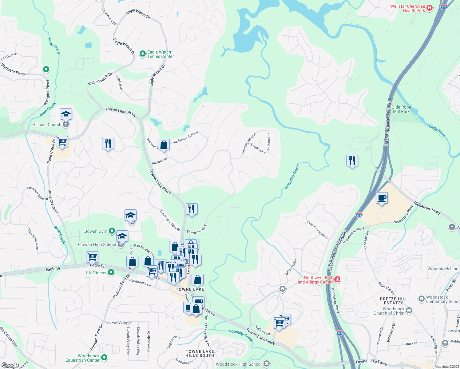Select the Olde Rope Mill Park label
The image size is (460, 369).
tap(401, 109)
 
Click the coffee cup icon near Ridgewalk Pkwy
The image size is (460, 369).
tap(382, 198)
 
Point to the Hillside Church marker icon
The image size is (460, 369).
tap(65, 125)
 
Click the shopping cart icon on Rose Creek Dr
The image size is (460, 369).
tap(62, 142)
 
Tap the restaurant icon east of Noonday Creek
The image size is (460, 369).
tap(352, 161)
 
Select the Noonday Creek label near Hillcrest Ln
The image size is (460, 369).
tap(291, 176)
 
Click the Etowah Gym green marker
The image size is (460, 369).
tap(112, 231)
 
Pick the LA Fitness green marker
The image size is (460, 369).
tap(111, 272)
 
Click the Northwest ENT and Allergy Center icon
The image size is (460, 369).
tap(337, 280)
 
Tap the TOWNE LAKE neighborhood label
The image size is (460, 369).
tap(190, 289)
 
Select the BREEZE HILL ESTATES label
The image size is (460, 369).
tap(394, 301)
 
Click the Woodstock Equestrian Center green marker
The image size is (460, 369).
tap(104, 358)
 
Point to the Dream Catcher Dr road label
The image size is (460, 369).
tap(318, 230)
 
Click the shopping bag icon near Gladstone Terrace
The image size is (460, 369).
tap(164, 145)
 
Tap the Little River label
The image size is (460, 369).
tap(437, 131)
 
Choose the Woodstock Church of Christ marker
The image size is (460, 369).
tap(409, 311)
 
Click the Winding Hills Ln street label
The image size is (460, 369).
tap(248, 143)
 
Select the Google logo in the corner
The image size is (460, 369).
tap(10, 365)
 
